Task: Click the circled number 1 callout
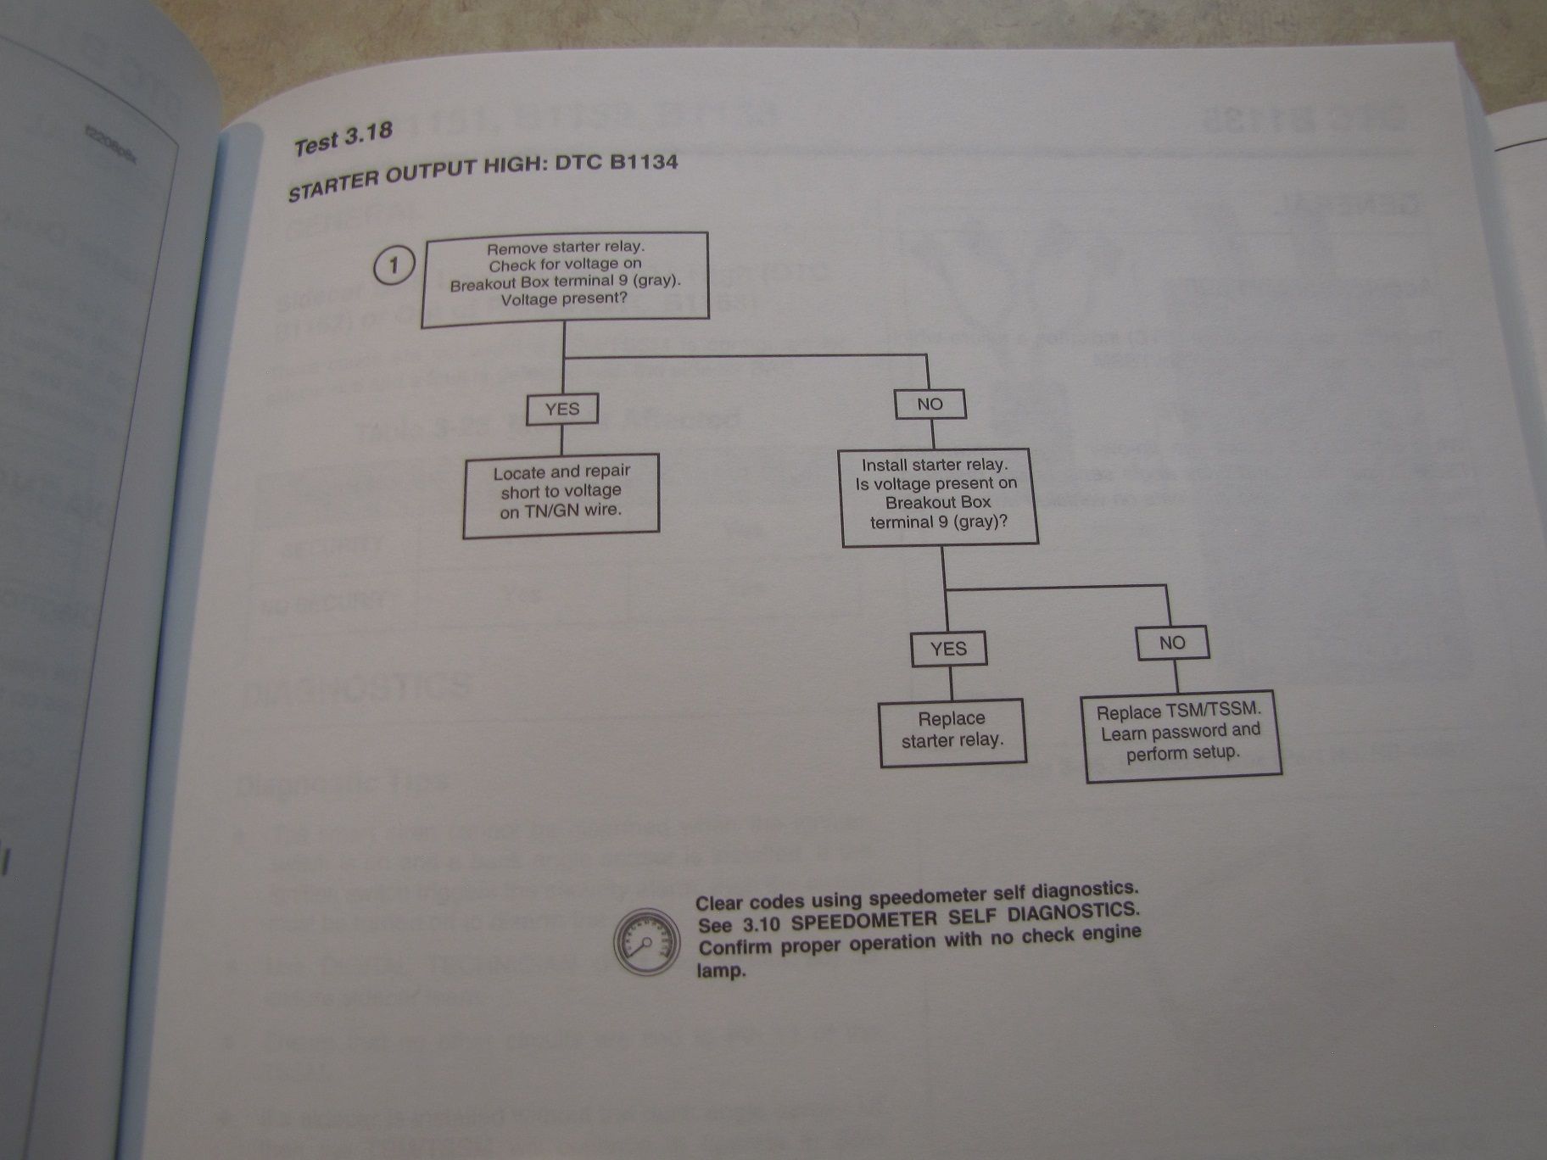pyautogui.click(x=394, y=266)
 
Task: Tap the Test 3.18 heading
pyautogui.click(x=343, y=140)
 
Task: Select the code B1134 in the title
pyautogui.click(x=643, y=162)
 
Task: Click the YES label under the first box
pyautogui.click(x=561, y=409)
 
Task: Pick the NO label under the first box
pyautogui.click(x=930, y=404)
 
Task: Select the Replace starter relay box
pyautogui.click(x=952, y=730)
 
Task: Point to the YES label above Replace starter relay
pyautogui.click(x=948, y=649)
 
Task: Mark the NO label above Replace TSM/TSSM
pyautogui.click(x=1172, y=643)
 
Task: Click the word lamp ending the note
pyautogui.click(x=721, y=970)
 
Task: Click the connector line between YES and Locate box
pyautogui.click(x=561, y=440)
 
